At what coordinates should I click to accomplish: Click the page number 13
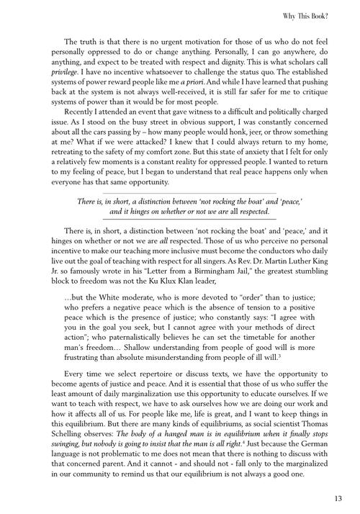(x=337, y=497)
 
